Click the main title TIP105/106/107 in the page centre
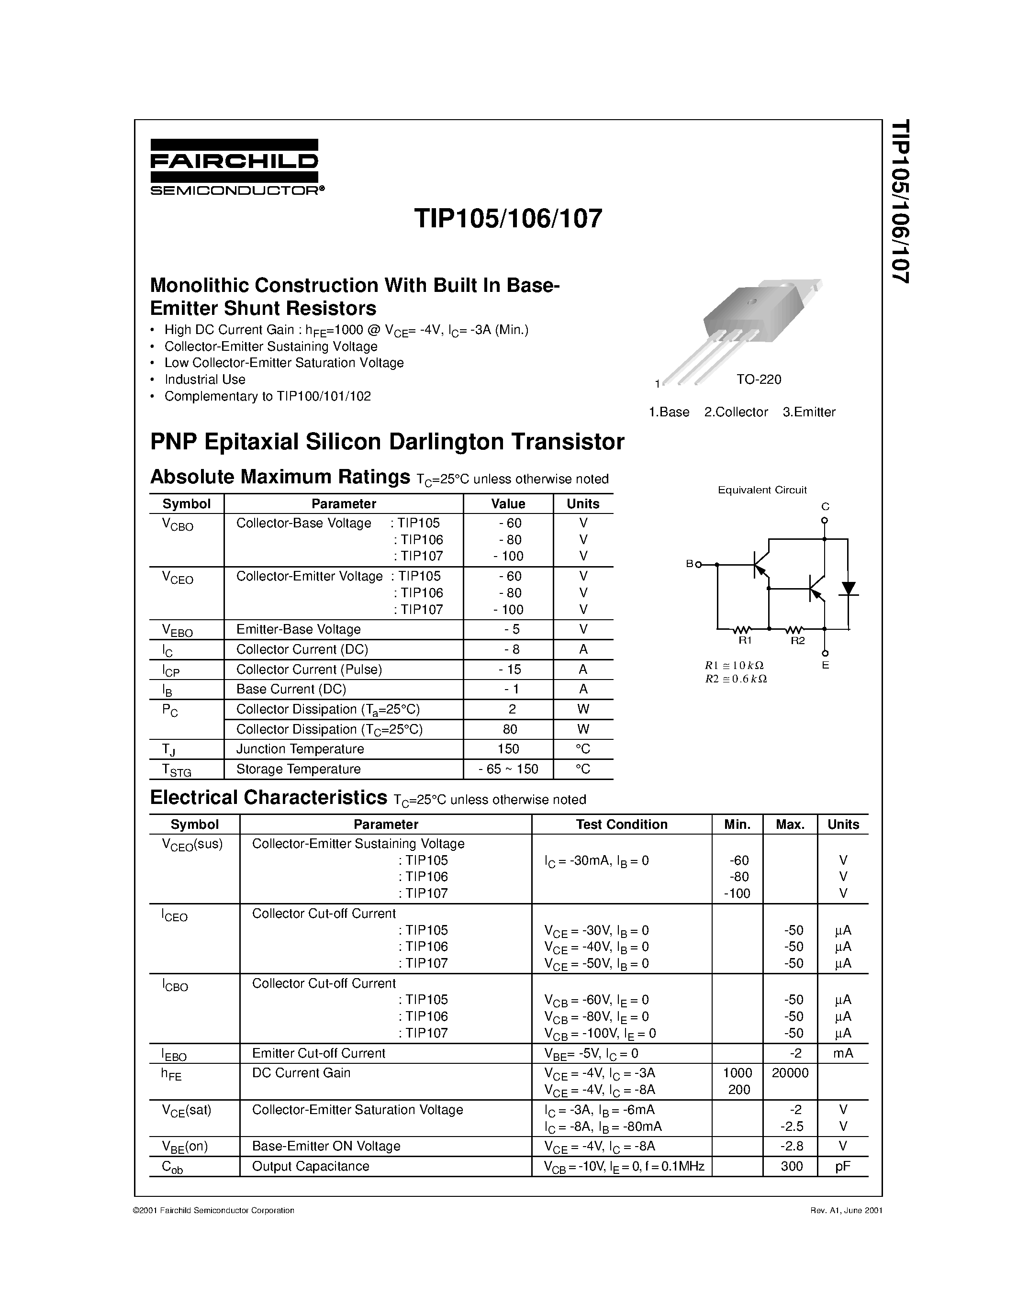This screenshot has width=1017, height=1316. coord(507,218)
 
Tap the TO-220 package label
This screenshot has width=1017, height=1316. coord(759,379)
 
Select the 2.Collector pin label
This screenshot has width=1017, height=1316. coord(736,412)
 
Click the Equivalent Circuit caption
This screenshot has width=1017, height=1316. coord(761,490)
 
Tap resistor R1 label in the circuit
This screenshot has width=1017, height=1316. coord(745,640)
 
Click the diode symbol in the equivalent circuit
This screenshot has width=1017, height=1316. coord(849,588)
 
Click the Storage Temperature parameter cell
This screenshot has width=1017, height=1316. coord(298,769)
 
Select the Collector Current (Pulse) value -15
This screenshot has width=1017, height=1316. coord(509,669)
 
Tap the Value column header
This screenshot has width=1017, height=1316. coord(508,504)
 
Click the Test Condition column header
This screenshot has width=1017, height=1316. coord(621,825)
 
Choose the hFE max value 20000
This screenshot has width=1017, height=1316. coord(790,1072)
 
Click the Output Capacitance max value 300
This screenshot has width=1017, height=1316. coord(791,1166)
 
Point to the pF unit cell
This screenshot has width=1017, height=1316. coord(842,1166)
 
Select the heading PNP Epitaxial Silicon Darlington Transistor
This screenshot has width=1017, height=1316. coord(387,442)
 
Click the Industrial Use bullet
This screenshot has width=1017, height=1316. coord(205,379)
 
